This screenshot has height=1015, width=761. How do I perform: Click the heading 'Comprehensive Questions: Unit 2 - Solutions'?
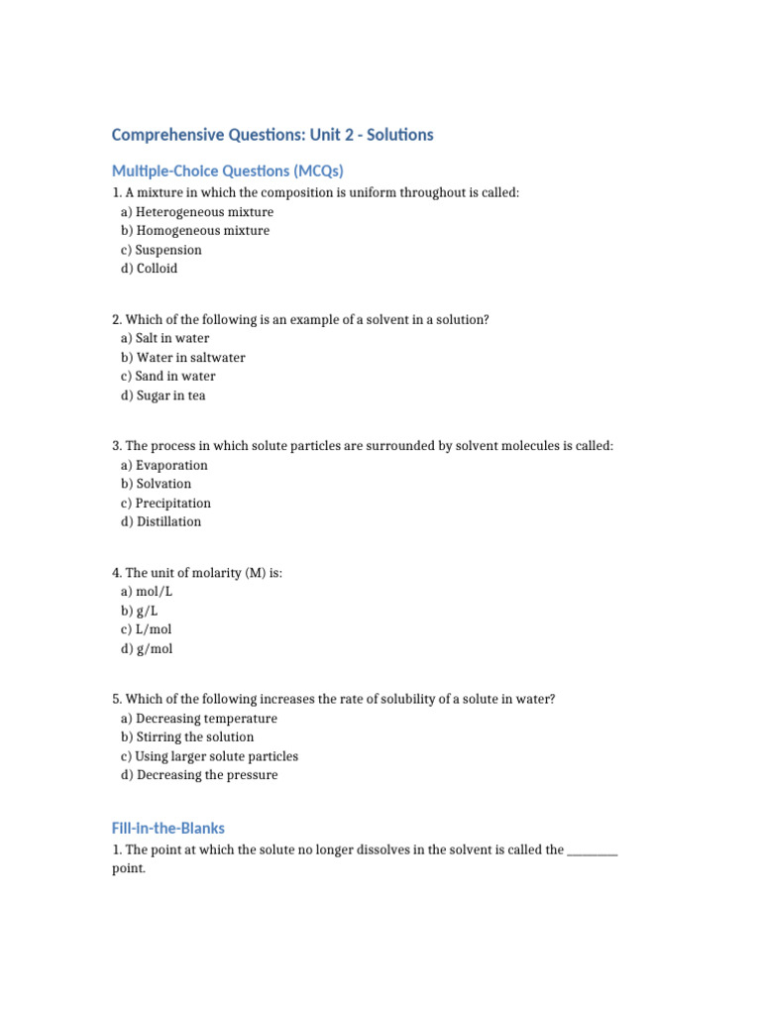coord(272,135)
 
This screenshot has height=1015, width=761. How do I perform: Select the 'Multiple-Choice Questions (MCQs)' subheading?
coord(228,170)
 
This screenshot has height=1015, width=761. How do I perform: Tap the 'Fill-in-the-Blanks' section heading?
coord(168,828)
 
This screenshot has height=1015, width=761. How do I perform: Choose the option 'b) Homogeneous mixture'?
coord(195,231)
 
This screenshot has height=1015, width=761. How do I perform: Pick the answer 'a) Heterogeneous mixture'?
coord(197,212)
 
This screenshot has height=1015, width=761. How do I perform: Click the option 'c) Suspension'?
coord(162,250)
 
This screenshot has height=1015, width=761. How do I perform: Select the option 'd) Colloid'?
coord(150,269)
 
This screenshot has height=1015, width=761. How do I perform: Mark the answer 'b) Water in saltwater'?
coord(183,358)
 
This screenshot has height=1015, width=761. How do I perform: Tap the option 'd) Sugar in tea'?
coord(163,395)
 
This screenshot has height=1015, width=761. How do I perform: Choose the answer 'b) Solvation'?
coord(157,484)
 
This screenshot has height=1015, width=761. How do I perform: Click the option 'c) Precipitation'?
coord(165,503)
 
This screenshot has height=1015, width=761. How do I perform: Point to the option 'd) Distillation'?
coord(162,521)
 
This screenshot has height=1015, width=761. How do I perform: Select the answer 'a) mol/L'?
coord(147,592)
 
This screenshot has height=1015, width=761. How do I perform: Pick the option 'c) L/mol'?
coord(147,629)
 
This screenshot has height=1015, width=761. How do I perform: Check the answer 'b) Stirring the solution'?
coord(187,737)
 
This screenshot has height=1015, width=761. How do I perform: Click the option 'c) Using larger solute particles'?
coord(209,756)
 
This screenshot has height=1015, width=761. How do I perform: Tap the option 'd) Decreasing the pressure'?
coord(199,775)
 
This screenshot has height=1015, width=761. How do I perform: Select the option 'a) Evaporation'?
coord(164,465)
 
